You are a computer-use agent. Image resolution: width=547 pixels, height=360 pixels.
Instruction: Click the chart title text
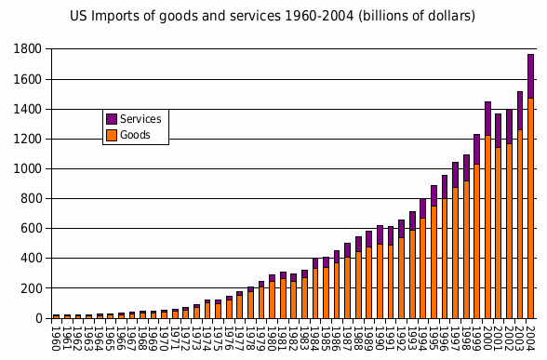click(273, 16)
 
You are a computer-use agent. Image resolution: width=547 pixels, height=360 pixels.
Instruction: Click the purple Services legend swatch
click(112, 119)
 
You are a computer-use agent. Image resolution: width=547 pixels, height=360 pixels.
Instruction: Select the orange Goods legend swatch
click(112, 135)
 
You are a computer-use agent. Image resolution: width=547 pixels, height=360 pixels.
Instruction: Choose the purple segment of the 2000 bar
click(488, 118)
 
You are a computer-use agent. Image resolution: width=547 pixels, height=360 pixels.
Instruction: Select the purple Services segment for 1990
click(380, 234)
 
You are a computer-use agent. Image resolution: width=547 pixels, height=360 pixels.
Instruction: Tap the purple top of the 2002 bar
click(510, 127)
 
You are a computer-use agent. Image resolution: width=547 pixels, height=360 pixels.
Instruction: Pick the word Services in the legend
click(140, 119)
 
